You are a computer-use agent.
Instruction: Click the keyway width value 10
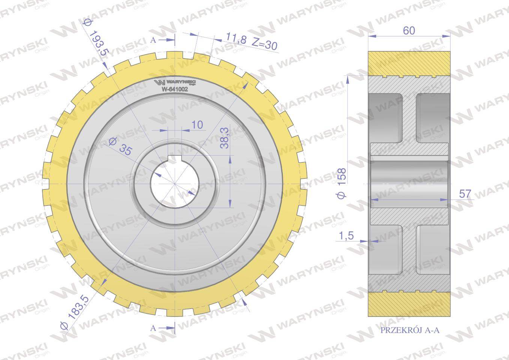(x=197, y=124)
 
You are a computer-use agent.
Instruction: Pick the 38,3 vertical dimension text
(x=224, y=138)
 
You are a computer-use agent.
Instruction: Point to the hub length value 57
(x=465, y=194)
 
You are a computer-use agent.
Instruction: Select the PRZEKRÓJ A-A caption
(x=410, y=330)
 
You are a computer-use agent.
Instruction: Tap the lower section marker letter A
(x=153, y=328)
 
